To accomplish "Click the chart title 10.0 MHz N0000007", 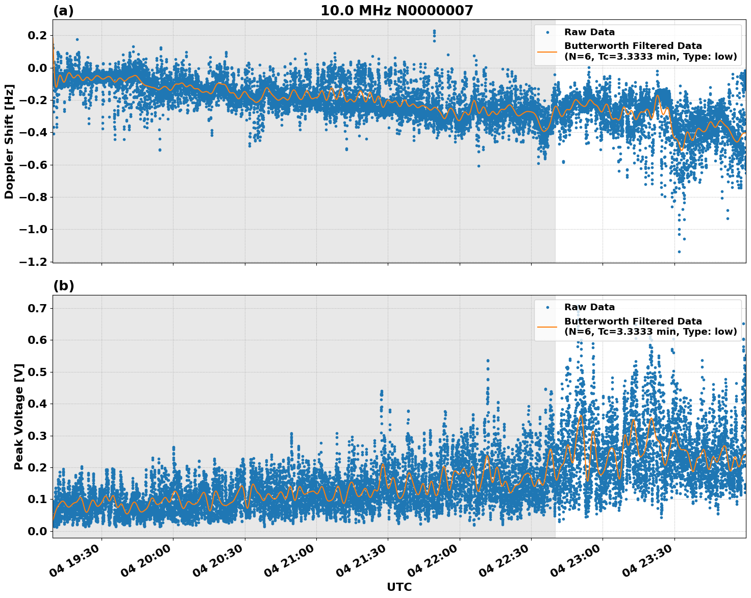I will coord(396,10).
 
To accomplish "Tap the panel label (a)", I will coord(63,11).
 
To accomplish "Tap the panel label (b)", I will coord(63,286).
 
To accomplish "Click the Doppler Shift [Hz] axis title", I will coord(9,141).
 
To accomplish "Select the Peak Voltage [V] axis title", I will coord(19,416).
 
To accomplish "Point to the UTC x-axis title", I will coord(399,587).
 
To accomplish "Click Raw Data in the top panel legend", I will coord(589,32).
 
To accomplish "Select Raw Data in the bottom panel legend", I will coord(589,307).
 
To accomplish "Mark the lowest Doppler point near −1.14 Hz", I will coord(679,252).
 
